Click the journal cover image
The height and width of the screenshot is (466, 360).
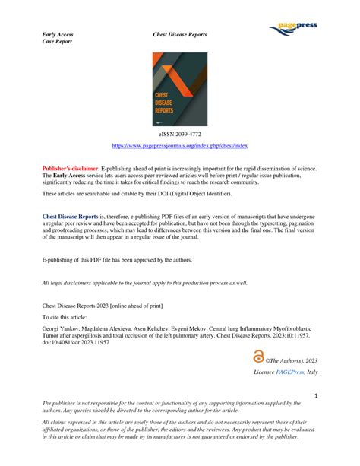(179, 89)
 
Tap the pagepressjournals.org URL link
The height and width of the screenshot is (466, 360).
(179, 145)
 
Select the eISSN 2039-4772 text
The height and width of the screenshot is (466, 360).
(179, 133)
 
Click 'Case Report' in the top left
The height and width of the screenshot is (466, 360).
(56, 42)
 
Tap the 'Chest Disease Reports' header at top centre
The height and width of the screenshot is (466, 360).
(180, 34)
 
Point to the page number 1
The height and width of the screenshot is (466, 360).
(314, 395)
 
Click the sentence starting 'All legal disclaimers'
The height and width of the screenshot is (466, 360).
(144, 282)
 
